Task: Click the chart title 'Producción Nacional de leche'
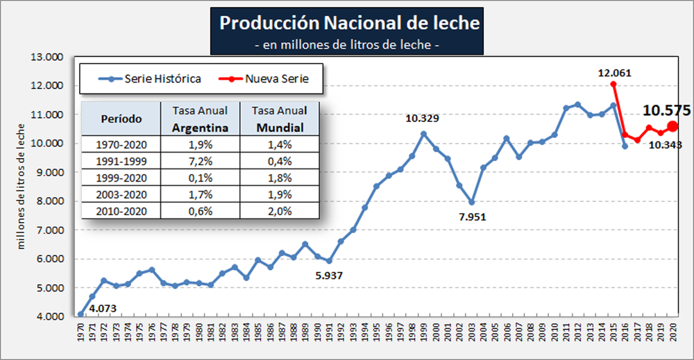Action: point(349,23)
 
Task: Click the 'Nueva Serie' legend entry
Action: point(275,78)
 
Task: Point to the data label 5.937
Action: point(329,275)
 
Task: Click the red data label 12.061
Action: point(615,72)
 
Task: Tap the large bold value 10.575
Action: point(666,110)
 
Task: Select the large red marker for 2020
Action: point(672,126)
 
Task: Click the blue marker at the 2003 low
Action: point(471,203)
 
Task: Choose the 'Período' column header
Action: point(121,119)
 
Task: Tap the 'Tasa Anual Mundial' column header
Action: point(280,119)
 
